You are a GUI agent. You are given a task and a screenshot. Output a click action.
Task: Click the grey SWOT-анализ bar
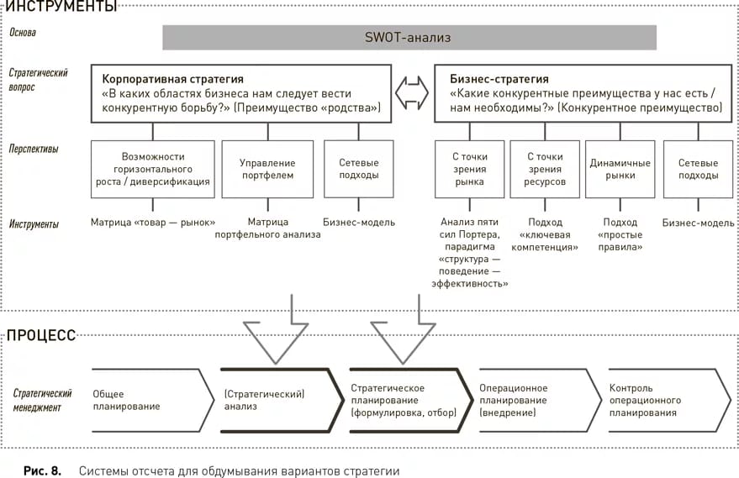click(x=409, y=38)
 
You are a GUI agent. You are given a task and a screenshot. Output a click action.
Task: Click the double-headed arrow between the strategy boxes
click(x=413, y=93)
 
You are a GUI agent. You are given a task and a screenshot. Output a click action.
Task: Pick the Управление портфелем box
click(x=267, y=169)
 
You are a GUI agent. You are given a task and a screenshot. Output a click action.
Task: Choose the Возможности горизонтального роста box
click(x=153, y=169)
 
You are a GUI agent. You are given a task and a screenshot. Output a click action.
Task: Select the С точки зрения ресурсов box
click(x=546, y=169)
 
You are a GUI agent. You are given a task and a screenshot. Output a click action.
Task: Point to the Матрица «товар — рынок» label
click(x=153, y=223)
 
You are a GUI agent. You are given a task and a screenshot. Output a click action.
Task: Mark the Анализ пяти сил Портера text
click(x=473, y=228)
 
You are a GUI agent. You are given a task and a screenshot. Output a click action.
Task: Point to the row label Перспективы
click(x=34, y=149)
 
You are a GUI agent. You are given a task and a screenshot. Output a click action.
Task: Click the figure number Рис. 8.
click(x=42, y=470)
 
